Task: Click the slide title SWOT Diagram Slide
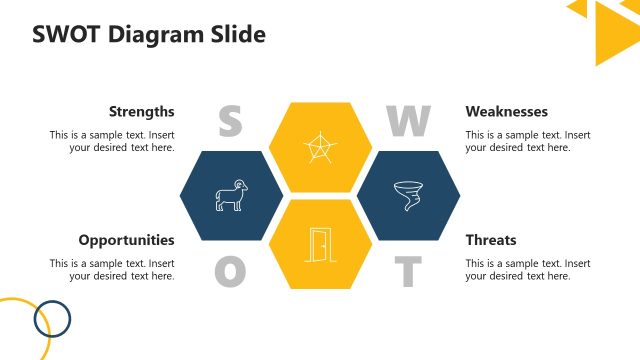click(x=149, y=35)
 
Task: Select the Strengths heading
click(x=141, y=111)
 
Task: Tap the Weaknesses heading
click(x=506, y=111)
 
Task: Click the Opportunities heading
click(x=126, y=240)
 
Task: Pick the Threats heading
click(x=490, y=240)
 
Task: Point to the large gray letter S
click(x=230, y=121)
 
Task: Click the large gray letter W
click(x=408, y=121)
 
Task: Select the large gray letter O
click(x=230, y=270)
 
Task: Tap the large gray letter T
click(x=407, y=270)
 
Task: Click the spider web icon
click(x=319, y=147)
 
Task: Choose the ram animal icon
click(x=231, y=195)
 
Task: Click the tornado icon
click(x=408, y=195)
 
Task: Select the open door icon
click(x=319, y=244)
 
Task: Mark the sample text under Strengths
click(x=112, y=141)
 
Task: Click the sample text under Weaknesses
click(x=527, y=141)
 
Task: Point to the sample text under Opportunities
click(x=112, y=270)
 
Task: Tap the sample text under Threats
click(x=527, y=270)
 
